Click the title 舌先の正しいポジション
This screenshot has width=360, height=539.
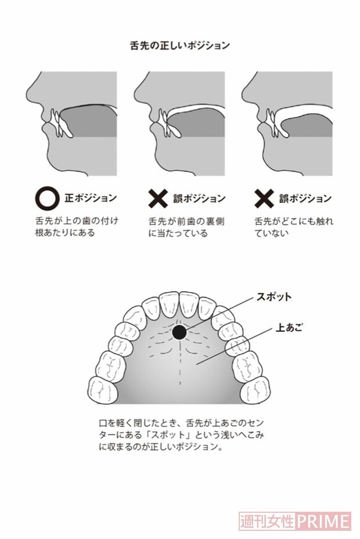pos(179,45)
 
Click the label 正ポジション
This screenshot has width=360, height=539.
pos(90,198)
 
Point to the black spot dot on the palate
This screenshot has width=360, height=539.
pos(179,332)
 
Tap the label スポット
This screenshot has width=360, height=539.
pos(273,297)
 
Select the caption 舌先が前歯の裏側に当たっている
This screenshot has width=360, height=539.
pos(184,227)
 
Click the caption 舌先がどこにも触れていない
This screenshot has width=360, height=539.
pos(293,227)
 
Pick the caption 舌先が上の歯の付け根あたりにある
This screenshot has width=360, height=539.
pos(75,227)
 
